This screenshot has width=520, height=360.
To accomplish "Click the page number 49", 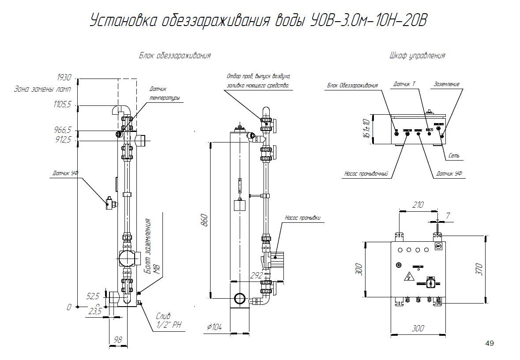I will (489, 343).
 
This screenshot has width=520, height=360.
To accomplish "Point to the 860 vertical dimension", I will (204, 220).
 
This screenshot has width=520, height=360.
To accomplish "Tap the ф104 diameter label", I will (215, 327).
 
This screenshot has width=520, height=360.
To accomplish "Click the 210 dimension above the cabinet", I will (418, 205).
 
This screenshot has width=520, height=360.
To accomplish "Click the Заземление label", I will (447, 84).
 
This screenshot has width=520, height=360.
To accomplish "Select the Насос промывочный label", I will (366, 174).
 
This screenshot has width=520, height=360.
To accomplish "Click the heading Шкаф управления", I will (418, 56).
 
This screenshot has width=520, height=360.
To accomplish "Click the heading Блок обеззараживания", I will (175, 56).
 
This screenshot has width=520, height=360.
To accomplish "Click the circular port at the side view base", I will (240, 299).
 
